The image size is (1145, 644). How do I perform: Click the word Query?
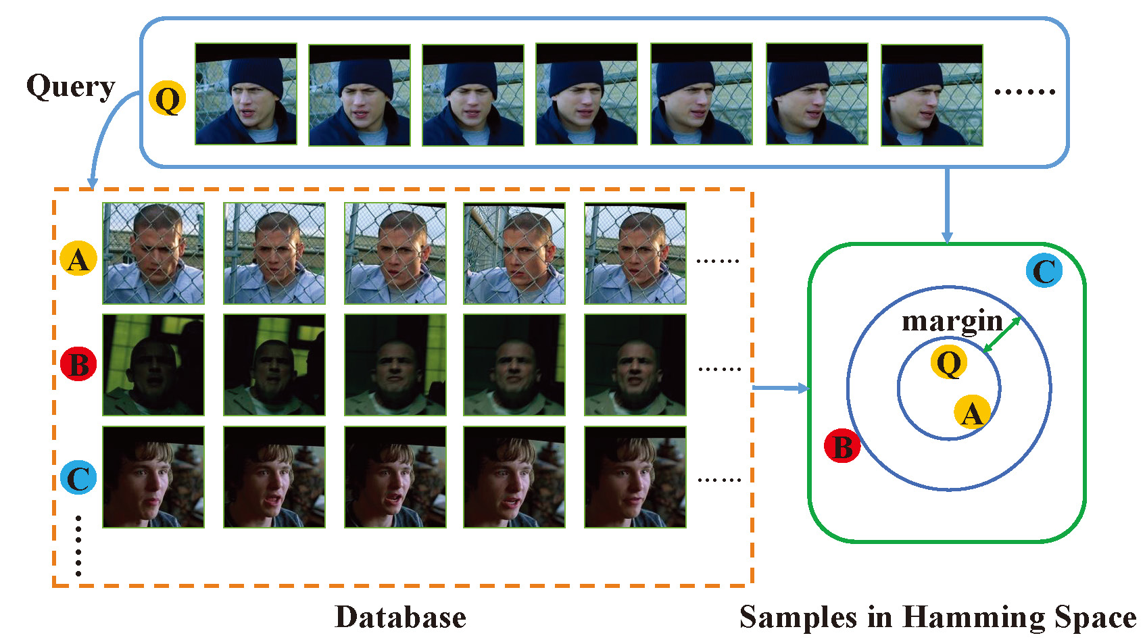[x=70, y=87]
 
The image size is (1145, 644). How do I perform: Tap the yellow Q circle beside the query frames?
[x=167, y=97]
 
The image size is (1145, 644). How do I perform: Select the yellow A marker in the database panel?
[x=78, y=259]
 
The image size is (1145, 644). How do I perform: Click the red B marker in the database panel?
[x=78, y=364]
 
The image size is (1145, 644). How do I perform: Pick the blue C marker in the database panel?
[x=78, y=477]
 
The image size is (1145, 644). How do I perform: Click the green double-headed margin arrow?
[x=1002, y=335]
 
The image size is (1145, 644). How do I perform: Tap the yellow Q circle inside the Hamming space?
[x=949, y=362]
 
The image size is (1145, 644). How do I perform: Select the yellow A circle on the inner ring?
[x=972, y=412]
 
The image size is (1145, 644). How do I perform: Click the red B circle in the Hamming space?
[x=842, y=445]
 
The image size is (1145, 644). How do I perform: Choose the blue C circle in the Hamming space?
[x=1044, y=270]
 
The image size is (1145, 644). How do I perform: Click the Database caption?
[x=400, y=617]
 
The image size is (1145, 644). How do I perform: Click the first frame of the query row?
[x=246, y=94]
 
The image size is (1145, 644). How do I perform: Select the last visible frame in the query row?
[x=932, y=95]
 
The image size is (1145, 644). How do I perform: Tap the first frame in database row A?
[x=153, y=253]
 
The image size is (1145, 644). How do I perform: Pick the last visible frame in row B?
[x=635, y=364]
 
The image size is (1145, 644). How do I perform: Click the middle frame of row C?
[x=395, y=477]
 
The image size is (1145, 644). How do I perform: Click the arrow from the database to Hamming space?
[x=781, y=389]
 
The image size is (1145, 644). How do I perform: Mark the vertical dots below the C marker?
[x=78, y=545]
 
